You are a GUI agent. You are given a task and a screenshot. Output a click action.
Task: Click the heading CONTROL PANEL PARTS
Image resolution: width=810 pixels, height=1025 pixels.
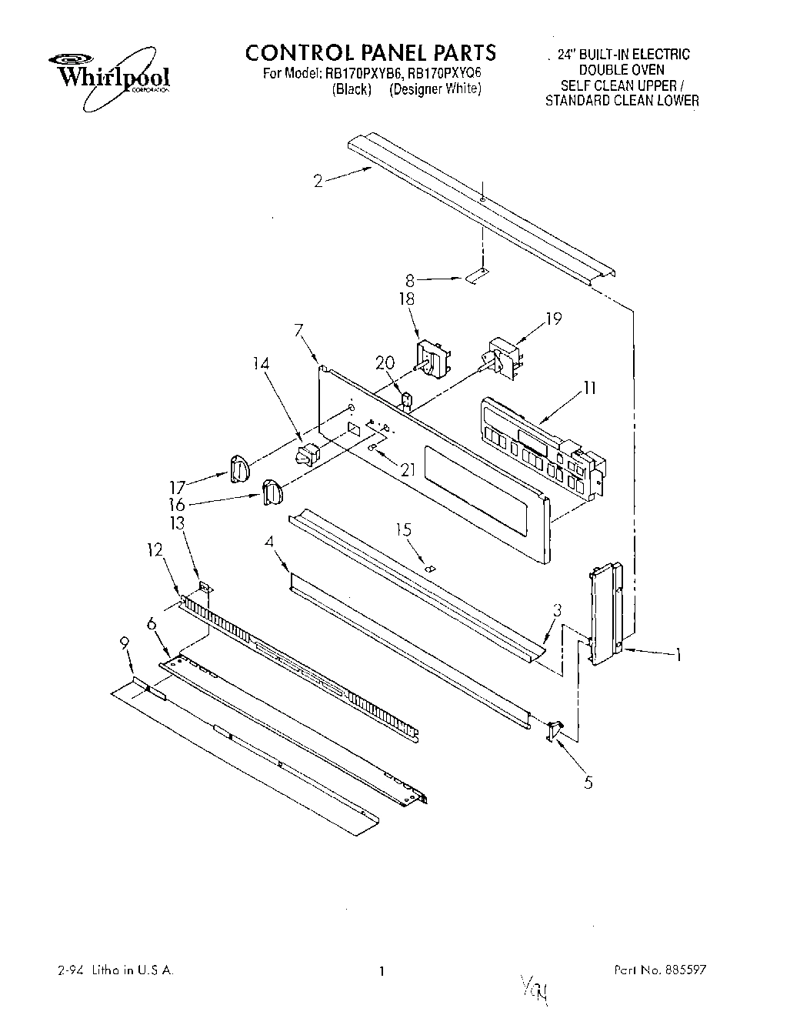pos(371,52)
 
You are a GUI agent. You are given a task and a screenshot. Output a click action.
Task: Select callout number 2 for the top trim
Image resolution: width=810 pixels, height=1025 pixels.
pos(318,182)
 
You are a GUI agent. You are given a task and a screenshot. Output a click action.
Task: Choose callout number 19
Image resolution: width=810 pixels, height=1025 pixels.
pos(555,318)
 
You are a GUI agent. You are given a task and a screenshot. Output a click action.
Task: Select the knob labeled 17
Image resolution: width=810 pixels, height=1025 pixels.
pos(240,469)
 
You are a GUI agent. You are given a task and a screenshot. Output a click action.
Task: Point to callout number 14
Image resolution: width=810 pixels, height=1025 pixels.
pos(263,366)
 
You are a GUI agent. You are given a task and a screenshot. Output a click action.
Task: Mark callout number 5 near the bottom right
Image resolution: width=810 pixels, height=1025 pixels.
pos(588,783)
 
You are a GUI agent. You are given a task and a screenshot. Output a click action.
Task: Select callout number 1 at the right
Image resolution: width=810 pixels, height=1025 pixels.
pos(678,656)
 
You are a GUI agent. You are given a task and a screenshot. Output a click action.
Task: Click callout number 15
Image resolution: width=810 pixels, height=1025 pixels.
pos(403,529)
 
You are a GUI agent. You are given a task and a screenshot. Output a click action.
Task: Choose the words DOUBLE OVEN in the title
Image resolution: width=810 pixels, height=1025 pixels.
pos(622,70)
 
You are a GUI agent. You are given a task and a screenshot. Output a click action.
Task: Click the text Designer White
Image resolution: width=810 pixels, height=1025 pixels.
pos(435,89)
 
